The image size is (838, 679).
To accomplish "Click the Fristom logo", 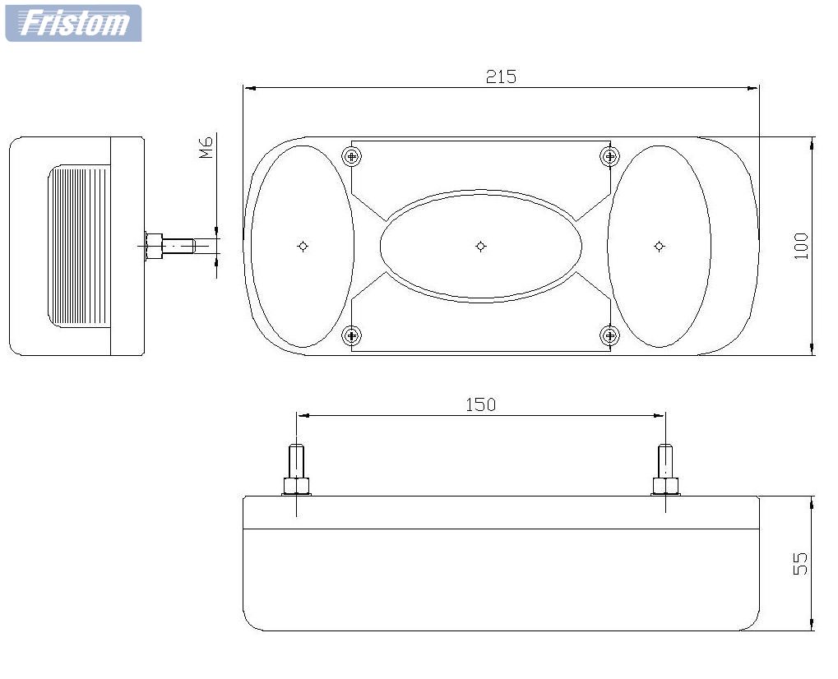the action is (x=74, y=23).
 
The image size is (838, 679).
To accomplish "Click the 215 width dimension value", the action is (x=501, y=77).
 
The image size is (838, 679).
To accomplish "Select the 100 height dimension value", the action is (x=801, y=247).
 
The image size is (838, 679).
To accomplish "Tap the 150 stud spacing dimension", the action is (x=480, y=405).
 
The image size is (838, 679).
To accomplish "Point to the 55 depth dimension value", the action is (x=800, y=564).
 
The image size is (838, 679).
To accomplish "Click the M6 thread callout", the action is (x=206, y=147).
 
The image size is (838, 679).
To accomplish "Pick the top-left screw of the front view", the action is (x=351, y=156).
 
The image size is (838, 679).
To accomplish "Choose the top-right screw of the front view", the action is (x=610, y=156).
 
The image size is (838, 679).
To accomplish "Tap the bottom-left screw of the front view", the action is (x=351, y=335).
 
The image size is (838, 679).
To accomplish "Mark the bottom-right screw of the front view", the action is (x=610, y=335).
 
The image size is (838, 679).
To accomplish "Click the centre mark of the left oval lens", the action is (x=303, y=247).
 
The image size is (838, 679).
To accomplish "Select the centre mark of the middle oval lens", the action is (x=480, y=247).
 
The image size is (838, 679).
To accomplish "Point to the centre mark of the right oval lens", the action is (x=659, y=247).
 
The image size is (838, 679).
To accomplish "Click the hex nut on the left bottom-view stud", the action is (x=296, y=486).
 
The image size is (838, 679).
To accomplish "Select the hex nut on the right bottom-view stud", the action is (x=664, y=486).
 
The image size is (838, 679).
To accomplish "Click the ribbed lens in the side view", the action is (x=79, y=246).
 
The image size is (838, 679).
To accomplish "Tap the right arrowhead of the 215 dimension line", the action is (x=752, y=88).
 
